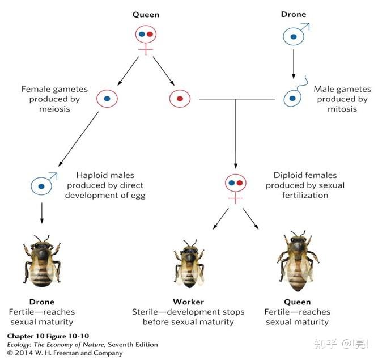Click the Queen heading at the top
tap(146, 14)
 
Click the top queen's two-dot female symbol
tap(146, 36)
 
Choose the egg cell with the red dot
tap(179, 98)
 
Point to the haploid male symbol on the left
tap(41, 185)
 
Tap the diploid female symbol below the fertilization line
tap(235, 184)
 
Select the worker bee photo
tap(188, 262)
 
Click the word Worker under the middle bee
tap(188, 302)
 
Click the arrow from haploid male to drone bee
tap(41, 213)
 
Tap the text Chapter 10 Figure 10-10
tap(48, 336)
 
